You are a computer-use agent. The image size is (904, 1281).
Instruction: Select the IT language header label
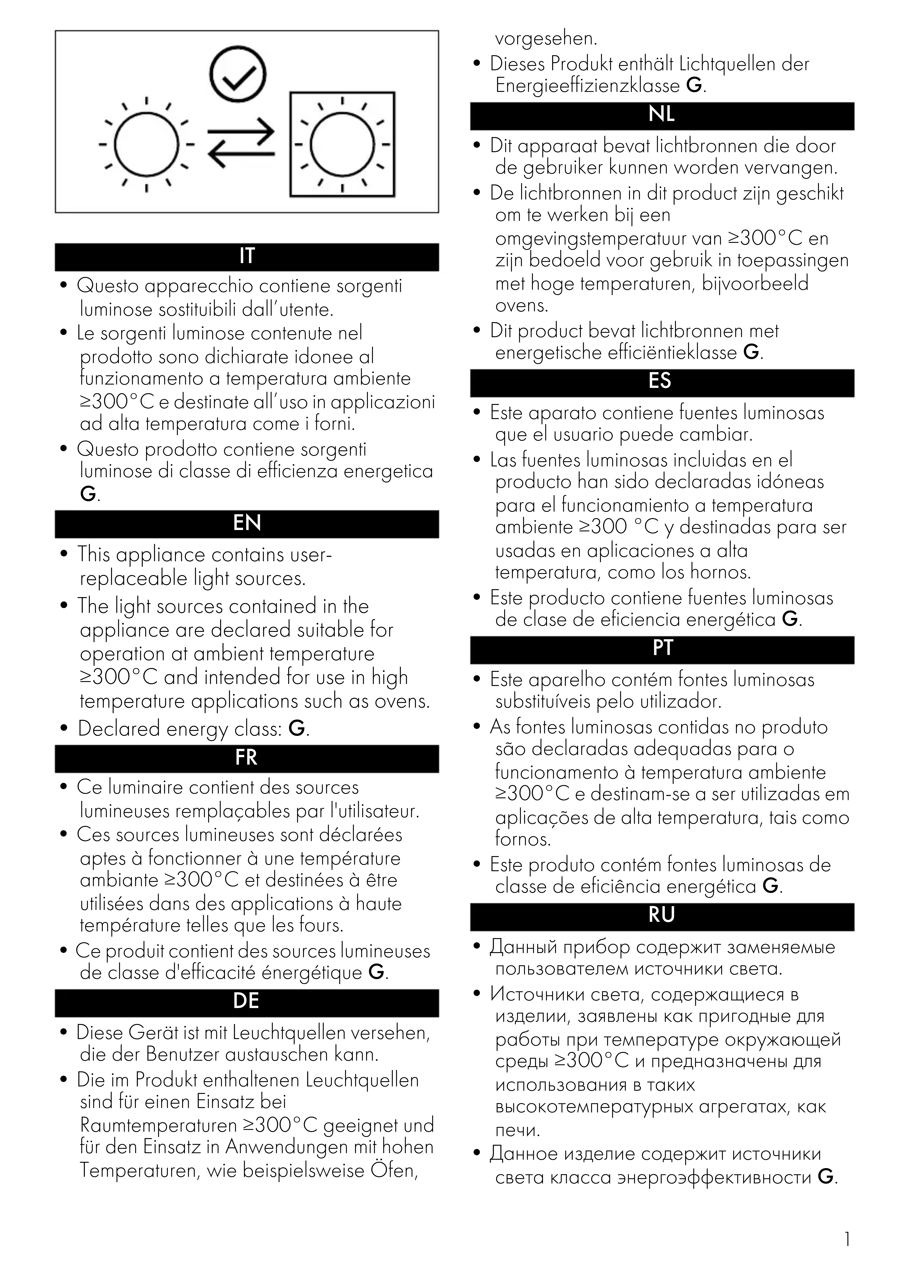247,256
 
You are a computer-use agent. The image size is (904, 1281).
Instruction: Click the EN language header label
247,523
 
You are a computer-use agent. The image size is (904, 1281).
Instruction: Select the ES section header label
662,382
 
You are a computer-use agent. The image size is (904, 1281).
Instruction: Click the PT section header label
662,648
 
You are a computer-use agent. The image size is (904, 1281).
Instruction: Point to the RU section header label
662,915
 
